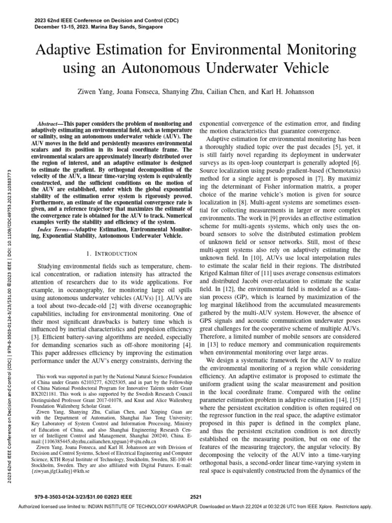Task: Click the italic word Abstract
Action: click(x=52, y=124)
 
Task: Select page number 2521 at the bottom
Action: click(x=196, y=496)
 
